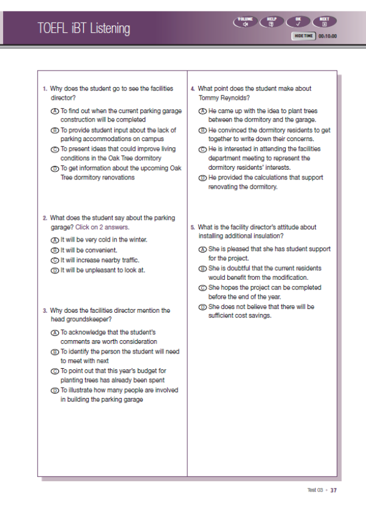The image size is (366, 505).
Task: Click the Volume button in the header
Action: click(x=245, y=22)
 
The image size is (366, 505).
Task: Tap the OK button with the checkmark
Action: click(x=298, y=22)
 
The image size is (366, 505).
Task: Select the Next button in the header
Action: click(x=325, y=22)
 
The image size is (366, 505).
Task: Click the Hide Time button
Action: click(x=303, y=36)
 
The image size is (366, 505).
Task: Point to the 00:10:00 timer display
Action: click(x=328, y=36)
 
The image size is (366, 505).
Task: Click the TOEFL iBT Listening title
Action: click(x=83, y=28)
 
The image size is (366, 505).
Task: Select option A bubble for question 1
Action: click(x=55, y=111)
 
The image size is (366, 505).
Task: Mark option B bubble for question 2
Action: click(x=55, y=250)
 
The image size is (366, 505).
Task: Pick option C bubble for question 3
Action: click(x=55, y=371)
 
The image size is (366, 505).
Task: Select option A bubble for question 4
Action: click(x=203, y=111)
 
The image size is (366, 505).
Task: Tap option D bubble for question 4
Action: click(x=203, y=178)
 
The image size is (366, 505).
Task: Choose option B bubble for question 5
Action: click(x=203, y=268)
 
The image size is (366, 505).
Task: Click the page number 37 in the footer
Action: click(x=334, y=490)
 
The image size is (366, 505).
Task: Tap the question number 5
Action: click(x=193, y=228)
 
